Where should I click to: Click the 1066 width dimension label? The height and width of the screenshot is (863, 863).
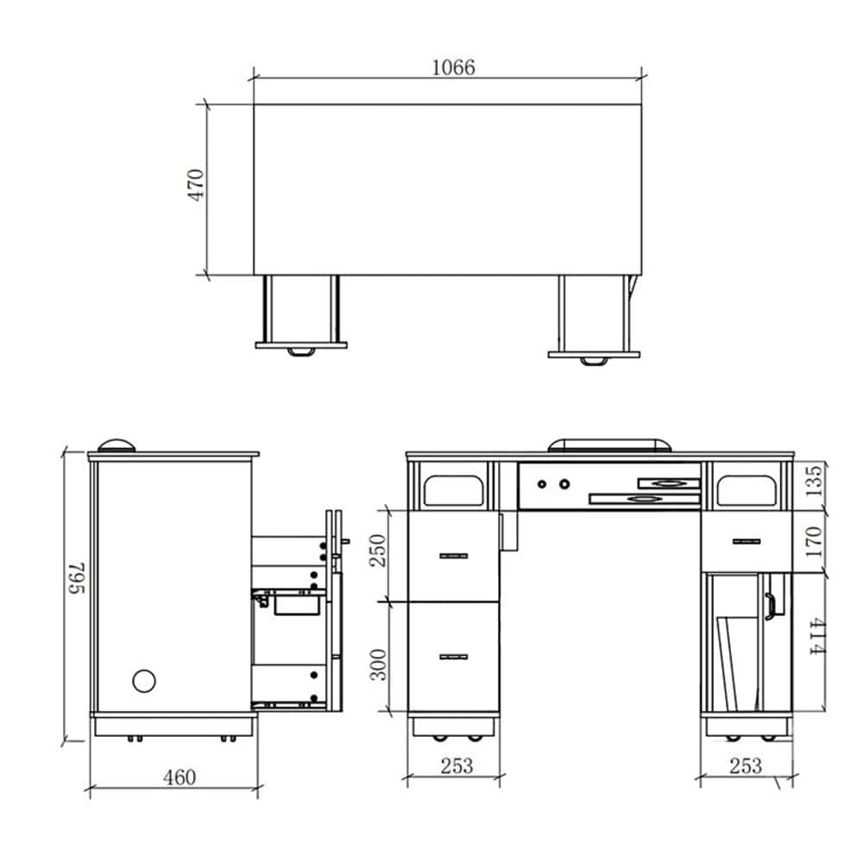coord(453,67)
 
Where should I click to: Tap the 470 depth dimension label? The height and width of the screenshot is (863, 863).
coord(196,185)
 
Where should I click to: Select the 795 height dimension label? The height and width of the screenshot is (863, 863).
coord(78,578)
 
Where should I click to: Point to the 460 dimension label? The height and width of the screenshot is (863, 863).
coord(180,778)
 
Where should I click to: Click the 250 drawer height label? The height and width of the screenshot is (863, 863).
coord(378,551)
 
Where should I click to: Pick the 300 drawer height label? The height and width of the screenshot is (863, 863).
coord(378,665)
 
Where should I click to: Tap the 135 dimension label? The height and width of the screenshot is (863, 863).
coord(814,481)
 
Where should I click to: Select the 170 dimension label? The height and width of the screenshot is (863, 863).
coord(814,542)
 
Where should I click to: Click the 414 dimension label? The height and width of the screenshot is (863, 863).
coord(816,636)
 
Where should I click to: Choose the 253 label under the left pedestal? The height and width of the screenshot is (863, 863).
coord(457,765)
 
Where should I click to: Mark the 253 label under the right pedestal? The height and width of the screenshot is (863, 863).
coord(746,765)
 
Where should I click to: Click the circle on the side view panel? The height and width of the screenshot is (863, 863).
coord(144,681)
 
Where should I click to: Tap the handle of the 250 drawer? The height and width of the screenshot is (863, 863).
coord(454,556)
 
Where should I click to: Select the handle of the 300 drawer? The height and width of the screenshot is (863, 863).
coord(454,657)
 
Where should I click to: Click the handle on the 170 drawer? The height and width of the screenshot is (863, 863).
coord(746,542)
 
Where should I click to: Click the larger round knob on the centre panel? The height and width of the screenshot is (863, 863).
coord(564,484)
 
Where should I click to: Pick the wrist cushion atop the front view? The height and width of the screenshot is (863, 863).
coord(609,445)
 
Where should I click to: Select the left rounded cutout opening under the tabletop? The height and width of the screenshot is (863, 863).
coord(454,490)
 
